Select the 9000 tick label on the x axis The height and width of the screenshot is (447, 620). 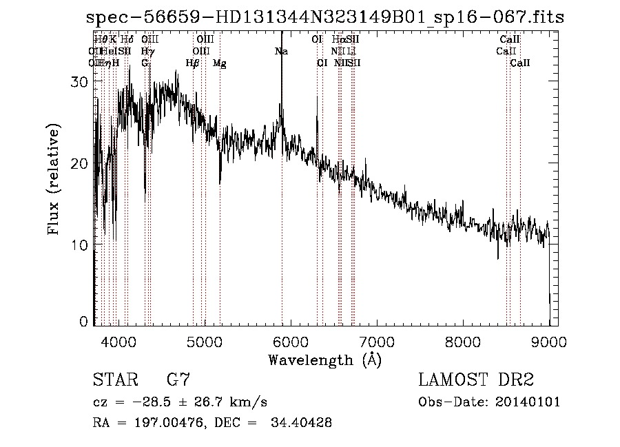pyautogui.click(x=549, y=341)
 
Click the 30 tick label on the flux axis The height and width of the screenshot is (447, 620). pyautogui.click(x=81, y=81)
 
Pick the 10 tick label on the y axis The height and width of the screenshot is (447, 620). pyautogui.click(x=81, y=245)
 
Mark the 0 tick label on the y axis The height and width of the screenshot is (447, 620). pyautogui.click(x=85, y=322)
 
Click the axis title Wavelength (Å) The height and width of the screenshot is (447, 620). pyautogui.click(x=324, y=360)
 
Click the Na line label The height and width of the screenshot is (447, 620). pyautogui.click(x=281, y=52)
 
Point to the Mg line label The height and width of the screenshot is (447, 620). pyautogui.click(x=220, y=63)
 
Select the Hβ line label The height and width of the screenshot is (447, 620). pyautogui.click(x=193, y=63)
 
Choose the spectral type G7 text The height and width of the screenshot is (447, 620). pyautogui.click(x=178, y=380)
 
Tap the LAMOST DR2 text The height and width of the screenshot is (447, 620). pyautogui.click(x=476, y=380)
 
